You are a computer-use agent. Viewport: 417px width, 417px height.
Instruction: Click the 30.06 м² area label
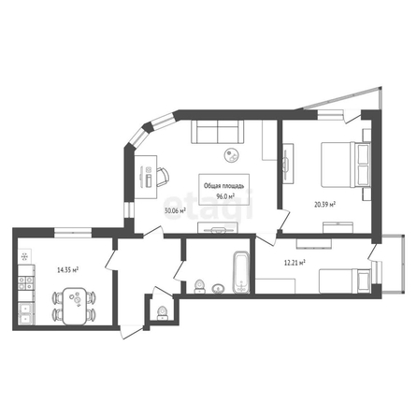click(x=175, y=211)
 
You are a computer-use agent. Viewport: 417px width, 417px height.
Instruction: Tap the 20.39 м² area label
click(x=324, y=205)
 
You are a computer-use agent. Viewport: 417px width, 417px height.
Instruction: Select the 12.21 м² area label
click(x=295, y=263)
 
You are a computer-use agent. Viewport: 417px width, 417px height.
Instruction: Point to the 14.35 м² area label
click(x=67, y=270)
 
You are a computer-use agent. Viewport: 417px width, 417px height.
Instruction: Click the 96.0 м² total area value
click(x=225, y=196)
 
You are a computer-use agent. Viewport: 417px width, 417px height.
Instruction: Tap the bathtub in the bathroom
click(x=241, y=273)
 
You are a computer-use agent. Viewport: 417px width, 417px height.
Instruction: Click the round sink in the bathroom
click(x=218, y=289)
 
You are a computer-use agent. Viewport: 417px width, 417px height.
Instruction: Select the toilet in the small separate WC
click(x=162, y=313)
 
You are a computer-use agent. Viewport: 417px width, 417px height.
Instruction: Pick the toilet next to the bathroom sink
click(x=199, y=287)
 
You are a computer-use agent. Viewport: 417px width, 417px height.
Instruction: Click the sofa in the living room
click(x=217, y=132)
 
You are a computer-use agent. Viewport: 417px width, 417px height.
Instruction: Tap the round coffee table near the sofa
click(x=232, y=155)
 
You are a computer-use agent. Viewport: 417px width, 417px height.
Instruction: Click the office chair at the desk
click(x=163, y=177)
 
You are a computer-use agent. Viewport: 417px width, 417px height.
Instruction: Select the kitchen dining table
click(x=74, y=306)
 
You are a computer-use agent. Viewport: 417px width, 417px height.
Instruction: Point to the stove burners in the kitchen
click(x=26, y=283)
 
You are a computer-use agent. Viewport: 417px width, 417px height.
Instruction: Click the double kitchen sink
click(x=26, y=313)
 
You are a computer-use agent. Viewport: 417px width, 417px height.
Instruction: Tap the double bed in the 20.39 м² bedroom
click(x=345, y=165)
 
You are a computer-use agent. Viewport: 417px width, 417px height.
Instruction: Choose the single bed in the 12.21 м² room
click(x=345, y=280)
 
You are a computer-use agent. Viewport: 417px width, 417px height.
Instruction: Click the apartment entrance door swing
click(x=132, y=332)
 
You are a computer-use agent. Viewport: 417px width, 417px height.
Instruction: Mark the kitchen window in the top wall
click(x=73, y=233)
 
